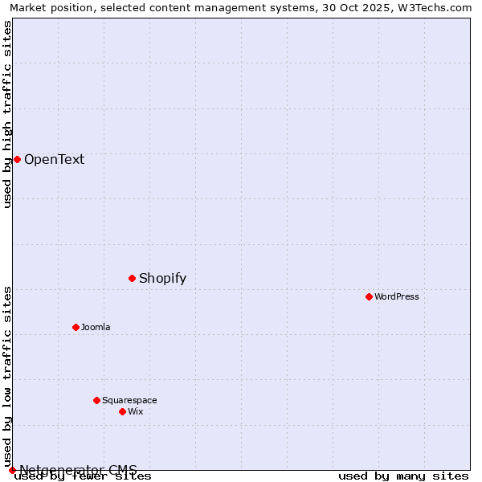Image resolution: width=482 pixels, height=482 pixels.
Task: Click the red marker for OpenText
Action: tap(17, 159)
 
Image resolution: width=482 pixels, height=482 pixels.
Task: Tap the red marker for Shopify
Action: tap(133, 279)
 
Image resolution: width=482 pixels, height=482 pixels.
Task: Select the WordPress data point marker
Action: tap(369, 297)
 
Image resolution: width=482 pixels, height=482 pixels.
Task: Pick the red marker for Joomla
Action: tap(76, 328)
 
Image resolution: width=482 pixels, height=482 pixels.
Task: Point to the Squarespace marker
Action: tap(96, 400)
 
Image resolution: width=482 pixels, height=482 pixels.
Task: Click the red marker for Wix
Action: tap(122, 411)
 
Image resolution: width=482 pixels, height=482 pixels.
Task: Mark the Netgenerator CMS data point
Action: tap(12, 470)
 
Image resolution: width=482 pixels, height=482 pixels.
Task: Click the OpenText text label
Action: tap(54, 159)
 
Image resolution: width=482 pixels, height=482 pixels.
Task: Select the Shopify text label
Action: tap(162, 279)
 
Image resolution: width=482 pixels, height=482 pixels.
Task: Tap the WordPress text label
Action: tap(397, 297)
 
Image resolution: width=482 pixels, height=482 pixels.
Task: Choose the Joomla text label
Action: tap(96, 328)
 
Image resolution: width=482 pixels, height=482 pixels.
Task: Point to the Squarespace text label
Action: tap(129, 400)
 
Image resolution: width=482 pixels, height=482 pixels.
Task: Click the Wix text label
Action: tap(135, 411)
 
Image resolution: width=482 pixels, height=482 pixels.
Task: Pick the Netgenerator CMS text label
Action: tap(78, 470)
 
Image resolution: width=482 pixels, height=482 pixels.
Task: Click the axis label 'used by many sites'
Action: tap(403, 476)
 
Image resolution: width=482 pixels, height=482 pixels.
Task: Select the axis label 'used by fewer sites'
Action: tap(83, 476)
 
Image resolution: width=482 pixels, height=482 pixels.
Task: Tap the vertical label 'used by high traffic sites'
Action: tap(8, 114)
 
